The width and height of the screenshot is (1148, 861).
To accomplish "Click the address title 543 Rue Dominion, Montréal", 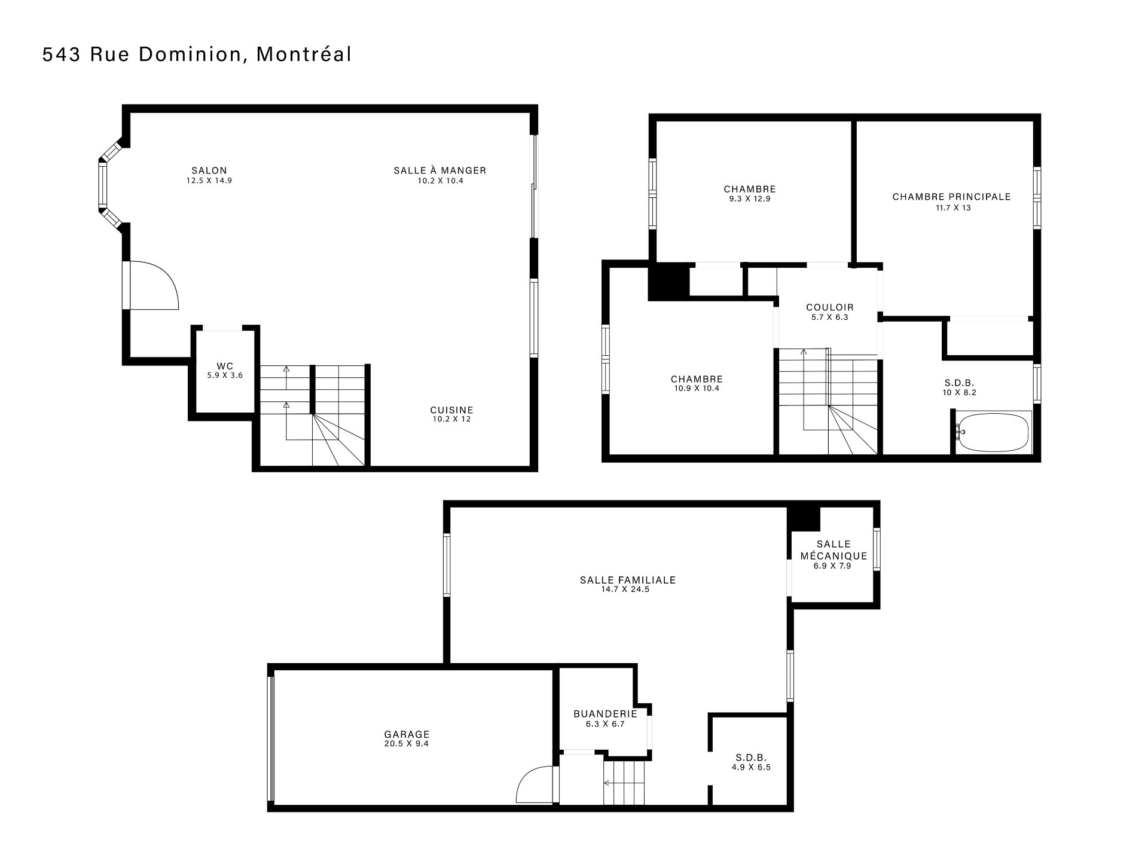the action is point(197,54).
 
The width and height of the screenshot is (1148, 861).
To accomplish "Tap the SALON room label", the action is point(209,170).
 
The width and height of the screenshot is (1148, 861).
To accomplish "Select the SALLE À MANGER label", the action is point(440,170).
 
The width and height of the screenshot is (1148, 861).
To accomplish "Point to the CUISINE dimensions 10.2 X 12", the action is point(452,419).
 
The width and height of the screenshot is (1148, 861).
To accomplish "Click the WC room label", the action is point(225,366).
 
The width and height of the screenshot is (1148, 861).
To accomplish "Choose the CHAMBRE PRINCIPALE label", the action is point(952,197).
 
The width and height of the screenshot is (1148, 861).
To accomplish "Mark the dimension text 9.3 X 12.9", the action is point(750,199).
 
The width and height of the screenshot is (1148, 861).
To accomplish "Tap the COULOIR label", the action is point(830,308).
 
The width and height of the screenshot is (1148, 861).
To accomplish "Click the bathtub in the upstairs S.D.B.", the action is point(993,432).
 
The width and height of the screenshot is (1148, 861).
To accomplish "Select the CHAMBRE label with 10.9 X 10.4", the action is point(697,379).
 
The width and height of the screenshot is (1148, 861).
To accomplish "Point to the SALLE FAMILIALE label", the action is point(628,580).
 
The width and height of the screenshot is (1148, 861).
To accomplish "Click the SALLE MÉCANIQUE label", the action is point(833,550).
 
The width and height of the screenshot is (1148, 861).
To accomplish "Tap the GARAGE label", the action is point(407,735).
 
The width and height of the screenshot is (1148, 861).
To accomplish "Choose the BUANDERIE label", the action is point(605,714).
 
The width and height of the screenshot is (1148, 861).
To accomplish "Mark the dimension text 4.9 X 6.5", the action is point(751,767).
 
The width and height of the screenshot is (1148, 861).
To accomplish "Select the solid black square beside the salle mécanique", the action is point(804,518).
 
